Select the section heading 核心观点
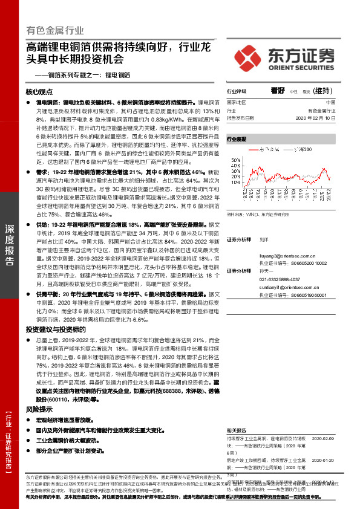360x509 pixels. [x=40, y=92]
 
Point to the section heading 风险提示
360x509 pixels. [x=38, y=409]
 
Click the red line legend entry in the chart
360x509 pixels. [x=263, y=149]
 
